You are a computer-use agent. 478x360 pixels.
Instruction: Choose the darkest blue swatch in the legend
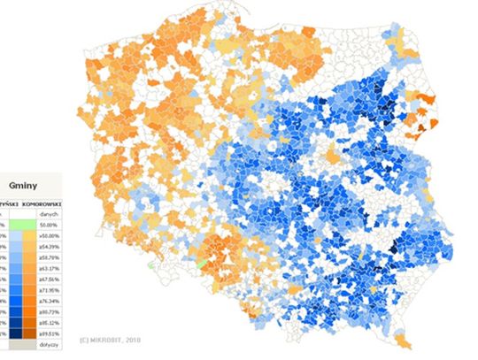point(4,333)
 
